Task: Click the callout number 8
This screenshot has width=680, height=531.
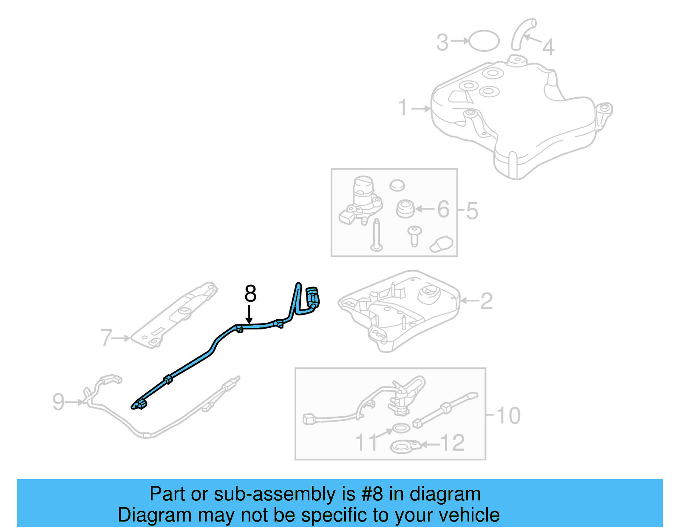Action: [x=250, y=294]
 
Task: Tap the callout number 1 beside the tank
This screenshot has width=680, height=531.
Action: [x=403, y=108]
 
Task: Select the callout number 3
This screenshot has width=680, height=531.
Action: [x=442, y=43]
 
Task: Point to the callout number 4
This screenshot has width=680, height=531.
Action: [x=548, y=47]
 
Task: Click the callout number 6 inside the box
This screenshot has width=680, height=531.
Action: [x=443, y=209]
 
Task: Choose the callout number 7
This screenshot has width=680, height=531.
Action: [x=106, y=338]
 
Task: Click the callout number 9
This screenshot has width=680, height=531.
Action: [x=58, y=402]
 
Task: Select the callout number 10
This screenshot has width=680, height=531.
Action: [x=508, y=415]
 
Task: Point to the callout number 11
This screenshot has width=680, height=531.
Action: [x=366, y=443]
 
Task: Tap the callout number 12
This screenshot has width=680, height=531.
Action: [x=452, y=443]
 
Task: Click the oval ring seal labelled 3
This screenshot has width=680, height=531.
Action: [x=484, y=41]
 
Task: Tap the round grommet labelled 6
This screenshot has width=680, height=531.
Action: [x=405, y=208]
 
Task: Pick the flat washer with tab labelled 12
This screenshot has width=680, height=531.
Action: [x=404, y=447]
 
